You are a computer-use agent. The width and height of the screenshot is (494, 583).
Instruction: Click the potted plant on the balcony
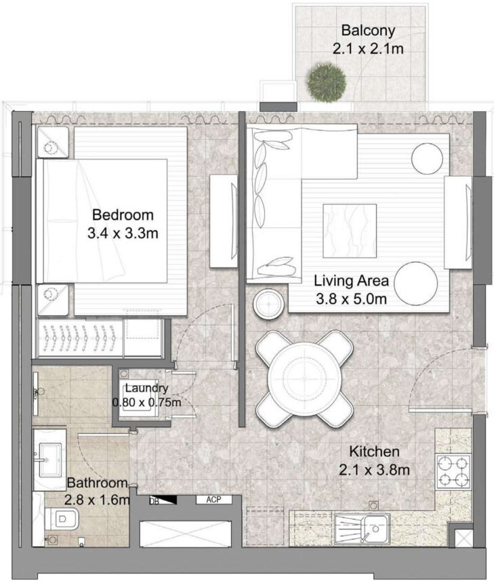coord(322,81)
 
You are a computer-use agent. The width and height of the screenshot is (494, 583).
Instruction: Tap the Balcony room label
coord(368,31)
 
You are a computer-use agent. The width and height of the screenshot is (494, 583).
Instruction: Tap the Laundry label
coord(146,388)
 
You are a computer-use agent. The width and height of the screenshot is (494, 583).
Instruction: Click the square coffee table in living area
coord(350,230)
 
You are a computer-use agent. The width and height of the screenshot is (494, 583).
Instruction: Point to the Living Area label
coord(350,280)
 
